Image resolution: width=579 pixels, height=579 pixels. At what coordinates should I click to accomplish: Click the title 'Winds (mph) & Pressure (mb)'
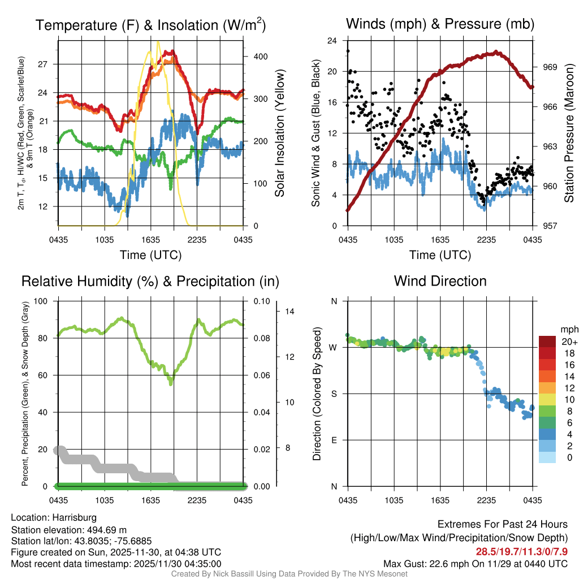coord(440,24)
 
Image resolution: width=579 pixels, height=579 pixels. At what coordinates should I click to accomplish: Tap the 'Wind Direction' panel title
coord(440,281)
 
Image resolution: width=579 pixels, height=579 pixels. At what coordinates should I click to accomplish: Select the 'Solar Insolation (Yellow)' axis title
coord(279,133)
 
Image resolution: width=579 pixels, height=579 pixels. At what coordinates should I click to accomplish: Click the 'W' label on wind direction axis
coord(334,347)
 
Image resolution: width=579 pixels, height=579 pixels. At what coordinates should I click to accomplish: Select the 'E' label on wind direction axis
coord(334,440)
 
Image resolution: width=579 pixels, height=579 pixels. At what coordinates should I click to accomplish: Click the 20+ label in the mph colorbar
coord(568,342)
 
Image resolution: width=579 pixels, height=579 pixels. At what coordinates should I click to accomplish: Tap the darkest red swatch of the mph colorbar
coord(548,342)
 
